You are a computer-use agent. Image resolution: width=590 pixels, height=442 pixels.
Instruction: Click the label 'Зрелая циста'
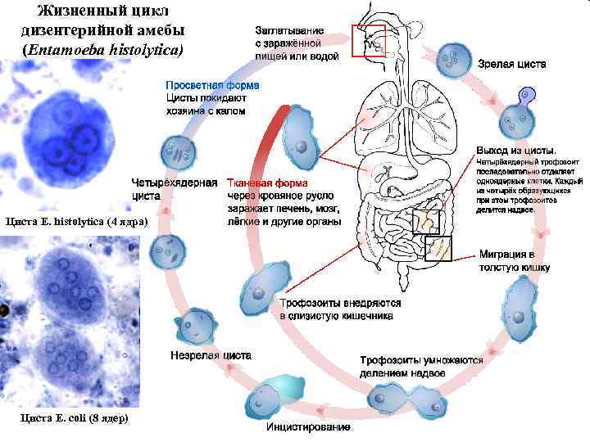point(513,64)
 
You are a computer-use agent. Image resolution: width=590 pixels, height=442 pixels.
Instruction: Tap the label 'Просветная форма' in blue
point(212,85)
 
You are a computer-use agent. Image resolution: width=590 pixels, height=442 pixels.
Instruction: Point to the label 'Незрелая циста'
point(211,357)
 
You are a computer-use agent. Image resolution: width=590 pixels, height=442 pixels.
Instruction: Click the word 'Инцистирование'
point(307,428)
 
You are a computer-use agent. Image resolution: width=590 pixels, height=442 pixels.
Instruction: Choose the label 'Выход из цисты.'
point(516,151)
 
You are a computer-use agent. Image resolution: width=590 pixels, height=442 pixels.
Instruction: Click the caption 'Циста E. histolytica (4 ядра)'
point(75,222)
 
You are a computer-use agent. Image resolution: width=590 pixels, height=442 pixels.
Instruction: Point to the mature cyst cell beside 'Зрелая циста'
point(451,59)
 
